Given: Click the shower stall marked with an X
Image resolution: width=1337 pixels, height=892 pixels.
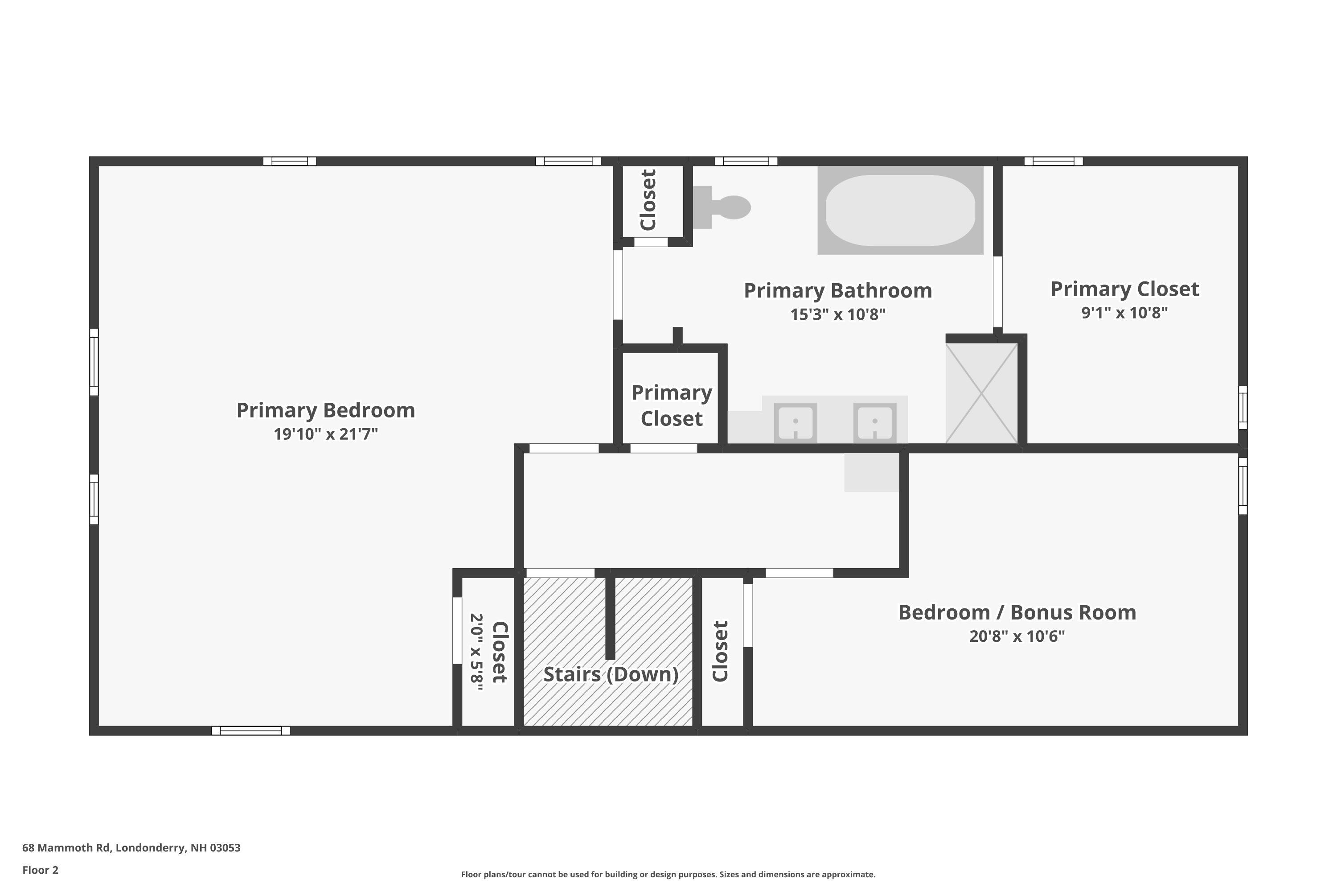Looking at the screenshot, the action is (x=982, y=393).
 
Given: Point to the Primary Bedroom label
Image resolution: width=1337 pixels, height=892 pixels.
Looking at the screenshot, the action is (x=326, y=410).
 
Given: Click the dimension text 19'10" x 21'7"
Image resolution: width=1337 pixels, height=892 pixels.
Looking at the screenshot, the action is (x=326, y=434).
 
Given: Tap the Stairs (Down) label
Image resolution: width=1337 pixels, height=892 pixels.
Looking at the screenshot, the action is (x=611, y=674).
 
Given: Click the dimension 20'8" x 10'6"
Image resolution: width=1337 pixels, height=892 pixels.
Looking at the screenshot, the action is (x=1017, y=636).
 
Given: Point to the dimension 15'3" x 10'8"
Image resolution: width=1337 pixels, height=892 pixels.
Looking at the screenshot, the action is (x=838, y=314).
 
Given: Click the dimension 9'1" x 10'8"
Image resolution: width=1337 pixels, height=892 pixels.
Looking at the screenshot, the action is (x=1124, y=312).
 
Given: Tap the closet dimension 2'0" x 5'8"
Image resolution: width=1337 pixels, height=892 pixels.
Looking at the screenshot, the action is (x=476, y=652).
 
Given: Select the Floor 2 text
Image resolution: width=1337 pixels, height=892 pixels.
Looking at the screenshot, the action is (x=41, y=870).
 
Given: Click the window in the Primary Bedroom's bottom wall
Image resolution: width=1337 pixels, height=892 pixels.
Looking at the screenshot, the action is (x=250, y=731).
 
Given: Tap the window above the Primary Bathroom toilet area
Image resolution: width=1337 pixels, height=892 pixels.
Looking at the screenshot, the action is (x=746, y=161).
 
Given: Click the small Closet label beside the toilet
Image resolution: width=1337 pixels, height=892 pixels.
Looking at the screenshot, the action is (x=648, y=200).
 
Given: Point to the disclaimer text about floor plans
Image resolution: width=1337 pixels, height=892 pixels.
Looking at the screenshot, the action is (x=668, y=874).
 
